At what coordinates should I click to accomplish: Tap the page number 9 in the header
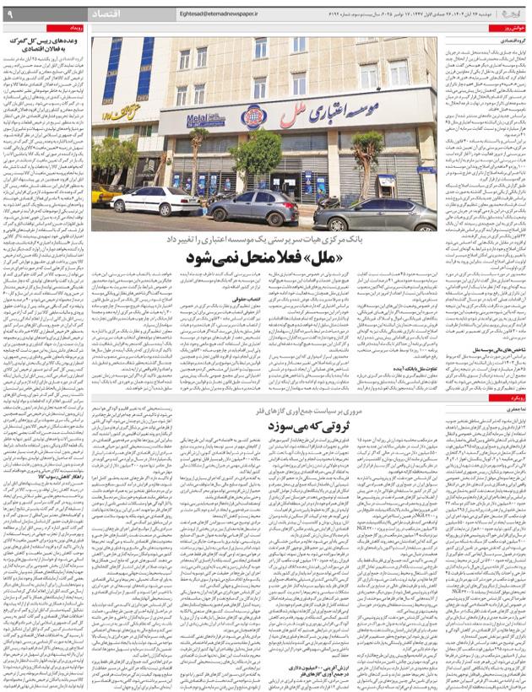tap(9, 14)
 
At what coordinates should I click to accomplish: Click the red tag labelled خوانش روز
tap(510, 28)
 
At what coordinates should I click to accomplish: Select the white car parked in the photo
tap(156, 201)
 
